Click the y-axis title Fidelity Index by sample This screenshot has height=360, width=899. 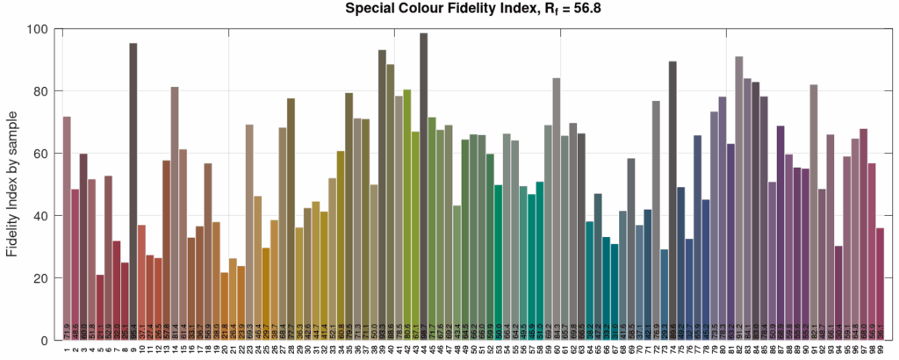pos(12,184)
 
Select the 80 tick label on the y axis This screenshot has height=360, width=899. pos(40,91)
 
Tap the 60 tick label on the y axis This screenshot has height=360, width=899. pos(40,154)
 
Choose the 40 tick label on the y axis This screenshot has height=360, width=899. pos(40,216)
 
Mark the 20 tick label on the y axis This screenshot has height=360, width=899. pos(40,278)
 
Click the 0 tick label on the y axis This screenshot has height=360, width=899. pos(43,341)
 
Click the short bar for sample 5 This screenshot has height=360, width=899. pos(100,307)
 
